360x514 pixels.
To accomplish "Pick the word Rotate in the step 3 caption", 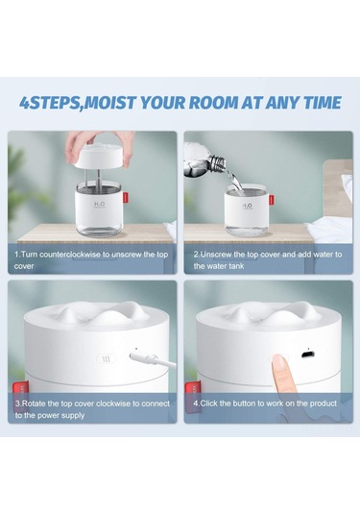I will click(x=33, y=404).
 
